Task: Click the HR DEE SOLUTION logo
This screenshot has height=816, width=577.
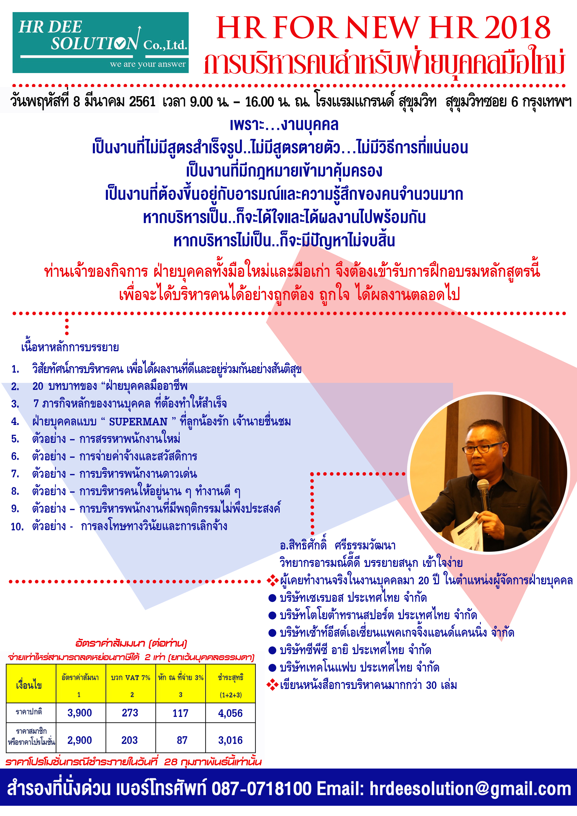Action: (x=101, y=43)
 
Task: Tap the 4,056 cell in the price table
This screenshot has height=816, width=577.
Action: (x=230, y=713)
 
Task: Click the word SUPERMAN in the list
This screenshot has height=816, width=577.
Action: (x=138, y=422)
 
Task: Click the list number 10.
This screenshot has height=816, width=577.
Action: (x=17, y=527)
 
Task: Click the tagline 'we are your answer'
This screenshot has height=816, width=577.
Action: (x=148, y=64)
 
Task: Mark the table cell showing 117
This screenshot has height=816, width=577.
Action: (x=180, y=713)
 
